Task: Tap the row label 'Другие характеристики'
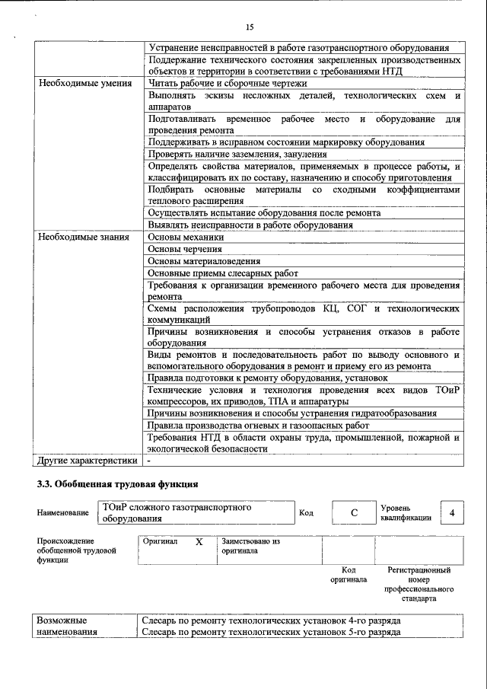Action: tap(88, 460)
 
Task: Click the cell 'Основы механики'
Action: tap(186, 238)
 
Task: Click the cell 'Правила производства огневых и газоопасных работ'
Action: tap(258, 425)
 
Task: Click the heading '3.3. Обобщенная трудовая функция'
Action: tap(118, 483)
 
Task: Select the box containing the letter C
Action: tap(354, 512)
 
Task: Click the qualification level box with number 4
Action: tap(452, 512)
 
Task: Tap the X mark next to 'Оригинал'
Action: tap(199, 542)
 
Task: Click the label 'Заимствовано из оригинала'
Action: tap(251, 547)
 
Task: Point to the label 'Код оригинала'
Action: tap(348, 574)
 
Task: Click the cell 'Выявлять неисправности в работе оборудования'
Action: tap(250, 225)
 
